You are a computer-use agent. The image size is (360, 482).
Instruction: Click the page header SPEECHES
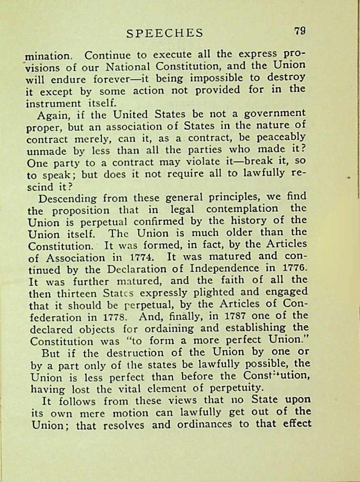[x=165, y=33]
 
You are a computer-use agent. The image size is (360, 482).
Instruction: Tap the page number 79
[x=300, y=31]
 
